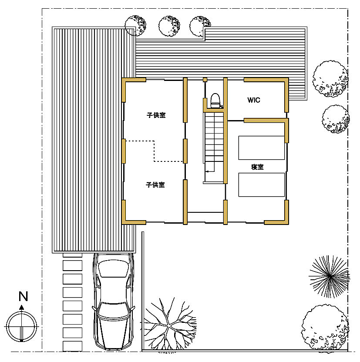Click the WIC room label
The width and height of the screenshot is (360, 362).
(x=253, y=100)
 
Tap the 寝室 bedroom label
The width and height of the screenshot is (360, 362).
(x=257, y=167)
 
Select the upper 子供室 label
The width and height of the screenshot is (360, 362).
(x=156, y=115)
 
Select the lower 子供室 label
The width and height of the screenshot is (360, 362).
(x=155, y=184)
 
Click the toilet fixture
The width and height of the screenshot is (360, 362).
(x=215, y=101)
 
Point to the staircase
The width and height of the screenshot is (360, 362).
(x=214, y=147)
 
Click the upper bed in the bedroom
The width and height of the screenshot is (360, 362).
(x=261, y=148)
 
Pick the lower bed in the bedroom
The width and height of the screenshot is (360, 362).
(x=261, y=184)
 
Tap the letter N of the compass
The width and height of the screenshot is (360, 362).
(x=23, y=296)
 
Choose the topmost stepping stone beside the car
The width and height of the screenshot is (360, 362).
(x=73, y=255)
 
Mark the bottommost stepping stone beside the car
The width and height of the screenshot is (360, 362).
(x=73, y=346)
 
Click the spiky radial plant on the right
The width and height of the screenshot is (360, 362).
(x=330, y=276)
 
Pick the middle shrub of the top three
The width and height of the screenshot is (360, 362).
(x=169, y=26)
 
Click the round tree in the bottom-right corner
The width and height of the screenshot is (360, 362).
(x=325, y=328)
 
